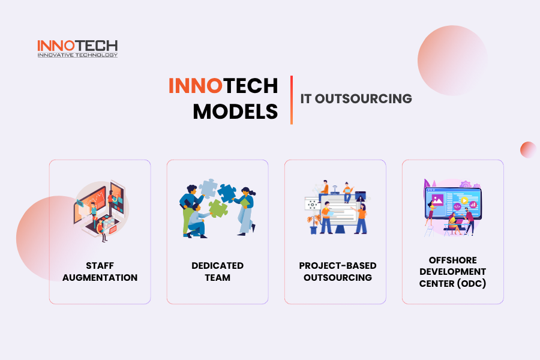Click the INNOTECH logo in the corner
coord(77,48)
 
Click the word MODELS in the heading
coord(235,112)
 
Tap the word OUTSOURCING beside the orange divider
coord(364,98)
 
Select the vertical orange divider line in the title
coord(292,100)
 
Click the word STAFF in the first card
coord(100,266)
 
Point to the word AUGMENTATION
coord(100,277)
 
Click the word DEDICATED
coord(218,266)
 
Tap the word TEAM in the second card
coord(218,277)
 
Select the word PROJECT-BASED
coord(337,266)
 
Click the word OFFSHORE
coord(453,260)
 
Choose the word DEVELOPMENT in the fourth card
coord(453,271)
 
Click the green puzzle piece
coord(218,208)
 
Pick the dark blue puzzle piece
coord(227,193)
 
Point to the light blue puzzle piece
coord(208,188)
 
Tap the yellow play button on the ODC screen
coord(464,200)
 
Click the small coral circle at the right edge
coord(528,150)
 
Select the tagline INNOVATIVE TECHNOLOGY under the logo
coord(77,55)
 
